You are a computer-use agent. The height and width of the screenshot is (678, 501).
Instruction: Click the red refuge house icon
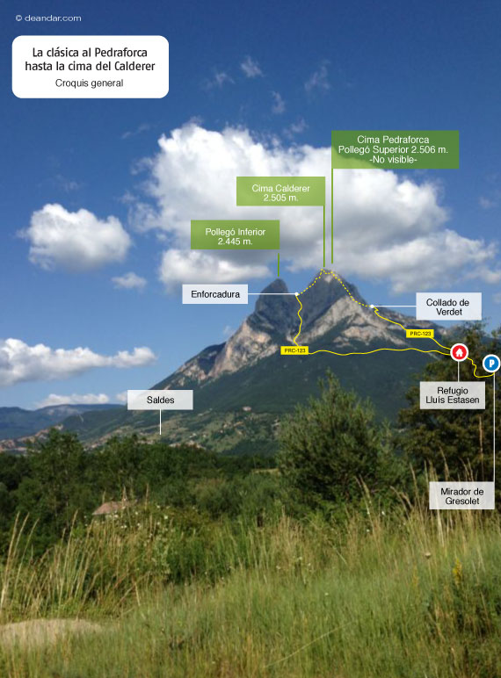click(x=459, y=352)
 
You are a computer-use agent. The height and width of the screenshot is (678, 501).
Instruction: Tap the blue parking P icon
click(x=491, y=364)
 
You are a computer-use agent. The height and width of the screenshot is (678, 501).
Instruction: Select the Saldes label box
click(x=160, y=400)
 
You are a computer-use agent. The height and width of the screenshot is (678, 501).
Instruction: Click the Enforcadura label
click(x=215, y=294)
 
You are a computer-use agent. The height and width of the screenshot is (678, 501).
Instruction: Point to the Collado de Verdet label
click(x=448, y=307)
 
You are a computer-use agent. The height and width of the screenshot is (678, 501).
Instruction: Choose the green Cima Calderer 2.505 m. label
click(x=280, y=193)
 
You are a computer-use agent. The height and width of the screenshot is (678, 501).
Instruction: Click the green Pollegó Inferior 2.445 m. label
click(x=235, y=236)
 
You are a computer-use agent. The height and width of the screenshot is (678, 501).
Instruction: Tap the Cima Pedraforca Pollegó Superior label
click(x=395, y=149)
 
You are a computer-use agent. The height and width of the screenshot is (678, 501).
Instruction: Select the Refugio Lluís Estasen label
click(x=452, y=395)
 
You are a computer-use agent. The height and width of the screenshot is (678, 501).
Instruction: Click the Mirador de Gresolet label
click(x=461, y=496)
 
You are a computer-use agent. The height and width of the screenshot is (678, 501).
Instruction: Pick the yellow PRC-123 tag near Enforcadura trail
click(x=294, y=350)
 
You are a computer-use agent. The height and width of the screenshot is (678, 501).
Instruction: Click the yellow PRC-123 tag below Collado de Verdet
click(x=420, y=334)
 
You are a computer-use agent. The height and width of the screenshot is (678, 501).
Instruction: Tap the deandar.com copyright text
click(x=48, y=18)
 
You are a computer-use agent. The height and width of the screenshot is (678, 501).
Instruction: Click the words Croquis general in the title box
click(x=89, y=83)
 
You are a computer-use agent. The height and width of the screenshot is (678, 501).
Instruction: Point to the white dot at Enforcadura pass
click(x=296, y=294)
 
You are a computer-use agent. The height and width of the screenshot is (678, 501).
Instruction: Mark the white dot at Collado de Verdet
click(x=372, y=307)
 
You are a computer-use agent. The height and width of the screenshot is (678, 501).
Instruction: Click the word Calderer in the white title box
click(x=134, y=66)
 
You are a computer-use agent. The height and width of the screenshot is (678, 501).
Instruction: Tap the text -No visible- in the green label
click(x=393, y=160)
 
